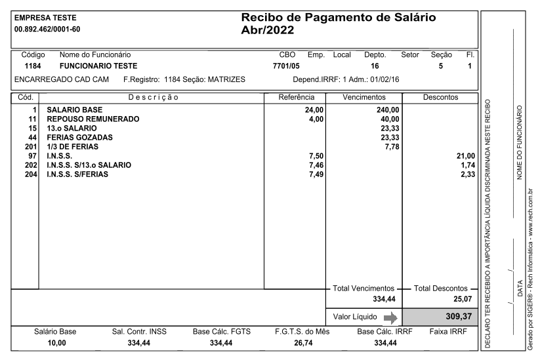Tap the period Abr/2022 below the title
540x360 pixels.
pyautogui.click(x=268, y=30)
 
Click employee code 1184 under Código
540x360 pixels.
pyautogui.click(x=33, y=66)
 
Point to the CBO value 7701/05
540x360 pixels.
pyautogui.click(x=286, y=66)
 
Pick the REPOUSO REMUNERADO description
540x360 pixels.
pyautogui.click(x=93, y=119)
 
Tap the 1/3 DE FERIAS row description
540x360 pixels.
pyautogui.click(x=71, y=147)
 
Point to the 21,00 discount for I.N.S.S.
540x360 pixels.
pyautogui.click(x=465, y=156)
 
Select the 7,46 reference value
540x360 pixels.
pyautogui.click(x=316, y=165)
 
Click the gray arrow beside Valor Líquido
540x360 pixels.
pyautogui.click(x=390, y=317)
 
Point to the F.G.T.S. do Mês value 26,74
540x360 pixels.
pyautogui.click(x=301, y=343)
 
